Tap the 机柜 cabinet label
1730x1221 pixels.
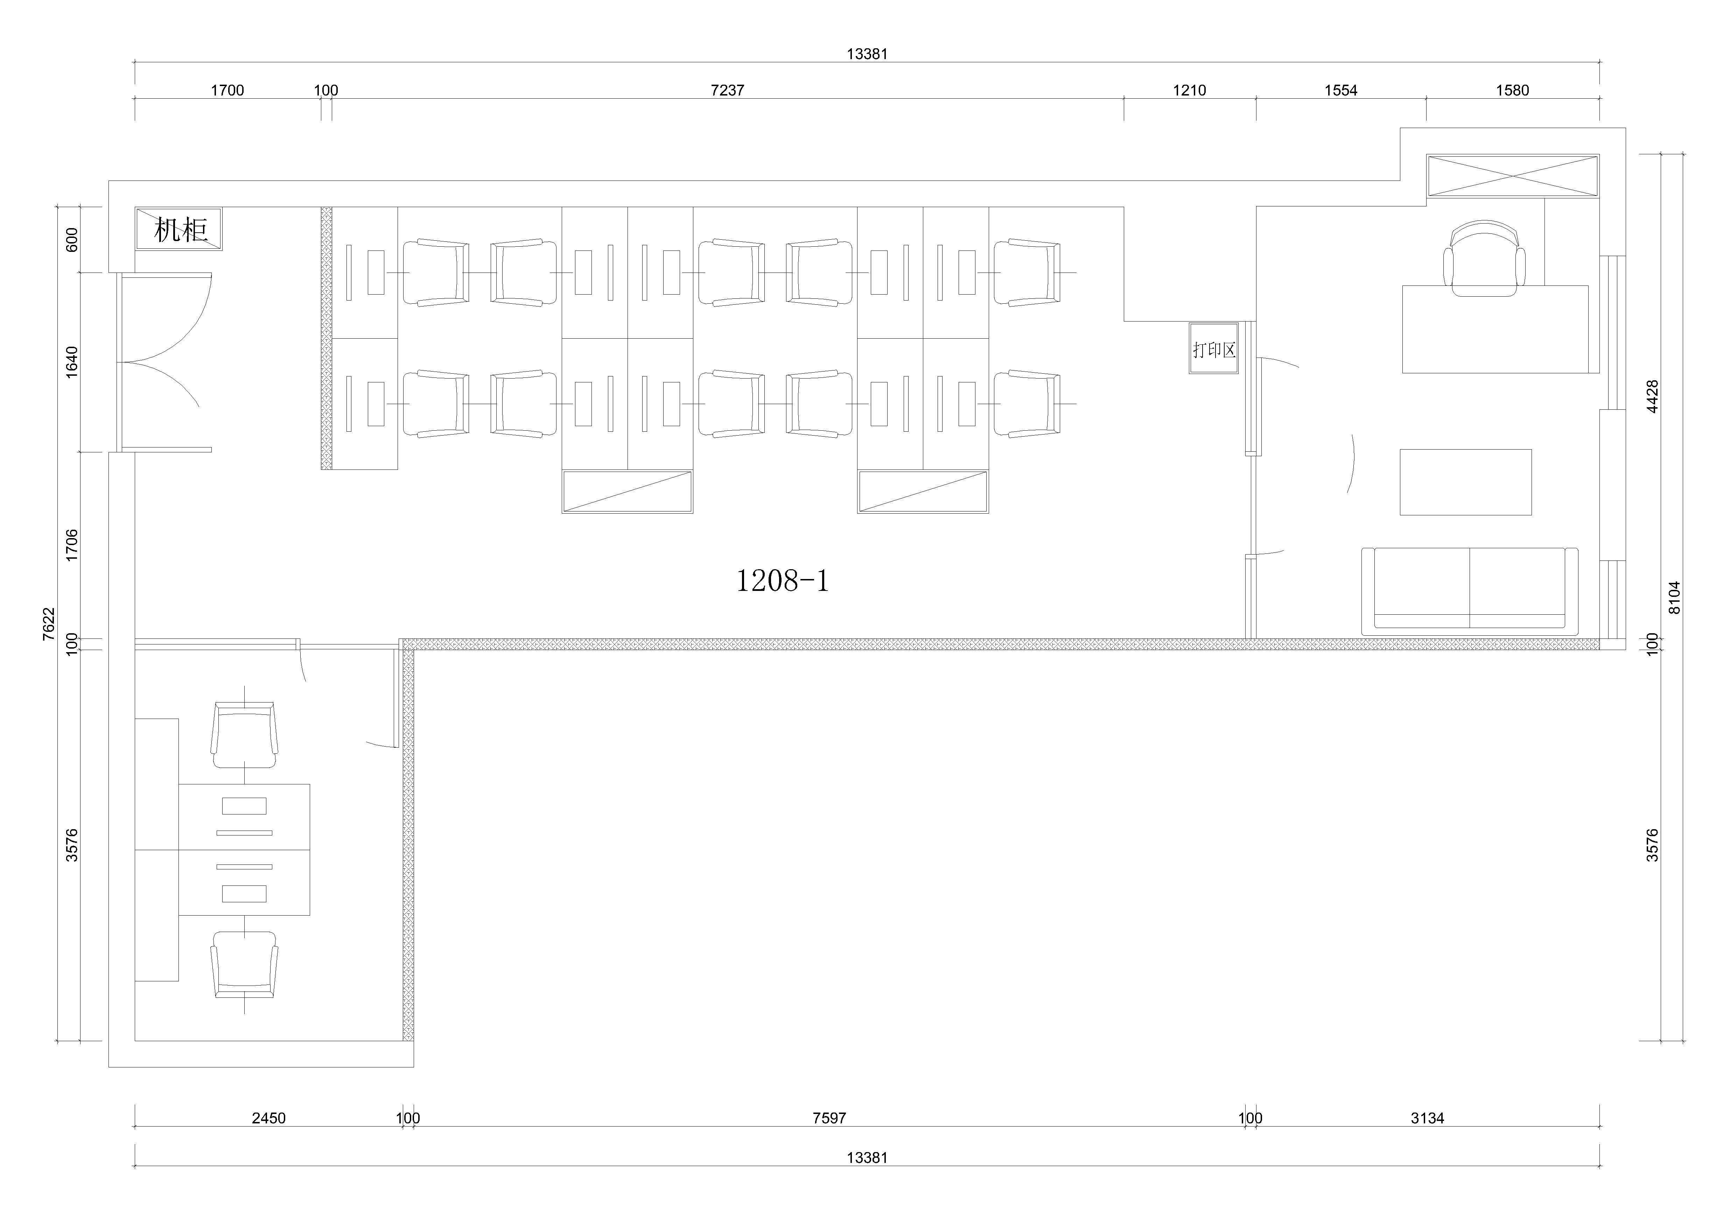(x=181, y=229)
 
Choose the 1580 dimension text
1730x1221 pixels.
(x=1512, y=90)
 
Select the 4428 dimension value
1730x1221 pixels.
(x=1652, y=396)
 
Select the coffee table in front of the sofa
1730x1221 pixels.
(x=1465, y=482)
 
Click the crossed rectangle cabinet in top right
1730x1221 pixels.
(x=1512, y=176)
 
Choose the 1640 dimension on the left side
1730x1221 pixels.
(x=72, y=361)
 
